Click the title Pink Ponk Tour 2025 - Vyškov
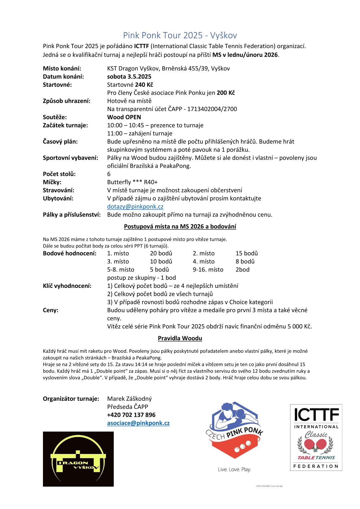180,35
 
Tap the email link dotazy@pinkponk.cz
135,207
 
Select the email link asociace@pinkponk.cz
138,423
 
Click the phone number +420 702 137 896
131,415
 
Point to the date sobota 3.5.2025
129,77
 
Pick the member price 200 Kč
226,93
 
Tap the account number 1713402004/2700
212,109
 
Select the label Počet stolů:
59,174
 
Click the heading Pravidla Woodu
180,338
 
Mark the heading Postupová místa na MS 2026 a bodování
180,227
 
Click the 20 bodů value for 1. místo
161,253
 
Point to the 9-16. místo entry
208,269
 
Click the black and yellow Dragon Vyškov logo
78,459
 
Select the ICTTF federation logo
316,437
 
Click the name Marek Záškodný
129,399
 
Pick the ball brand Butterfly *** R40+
132,182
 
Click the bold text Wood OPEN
124,117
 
